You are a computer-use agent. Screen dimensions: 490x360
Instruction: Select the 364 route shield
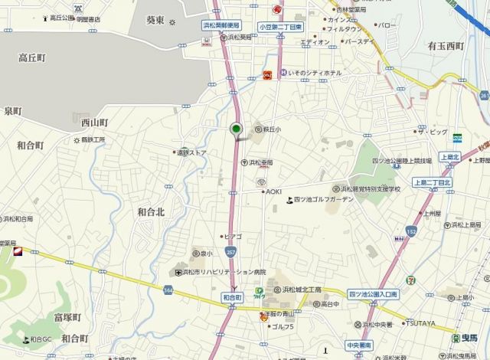point(168,289)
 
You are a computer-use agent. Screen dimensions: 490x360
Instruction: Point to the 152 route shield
point(411,230)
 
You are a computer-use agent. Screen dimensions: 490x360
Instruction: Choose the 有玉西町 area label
point(446,46)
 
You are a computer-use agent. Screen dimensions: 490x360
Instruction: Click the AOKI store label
point(273,191)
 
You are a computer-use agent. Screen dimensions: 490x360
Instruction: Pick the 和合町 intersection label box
point(232,296)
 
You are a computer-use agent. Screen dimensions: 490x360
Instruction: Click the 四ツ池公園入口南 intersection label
point(374,294)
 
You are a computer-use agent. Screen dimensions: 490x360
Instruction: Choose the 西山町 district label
point(95,122)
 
